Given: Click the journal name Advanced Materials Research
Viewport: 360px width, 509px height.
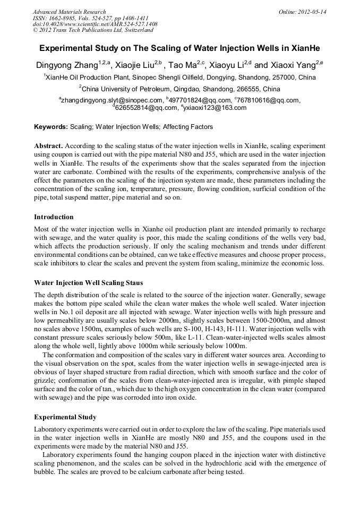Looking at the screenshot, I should coord(69,12).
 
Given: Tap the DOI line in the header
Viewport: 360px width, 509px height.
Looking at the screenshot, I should coord(95,24).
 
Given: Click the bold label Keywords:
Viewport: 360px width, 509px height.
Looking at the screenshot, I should coord(51,127).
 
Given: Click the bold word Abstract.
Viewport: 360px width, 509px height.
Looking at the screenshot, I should coord(48,145).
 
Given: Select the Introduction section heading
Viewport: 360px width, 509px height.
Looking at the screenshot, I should coord(54,217).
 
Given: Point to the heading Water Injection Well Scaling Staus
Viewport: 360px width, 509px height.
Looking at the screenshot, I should coord(88,282).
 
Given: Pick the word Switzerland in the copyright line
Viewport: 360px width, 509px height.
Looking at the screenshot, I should coord(135,30).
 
